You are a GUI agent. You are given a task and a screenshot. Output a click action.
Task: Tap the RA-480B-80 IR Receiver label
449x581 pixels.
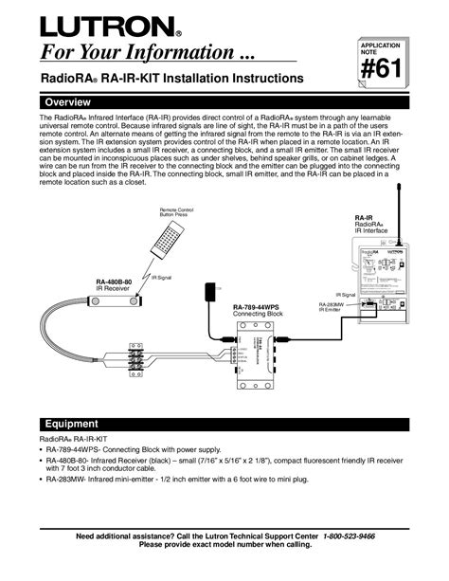pos(114,285)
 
